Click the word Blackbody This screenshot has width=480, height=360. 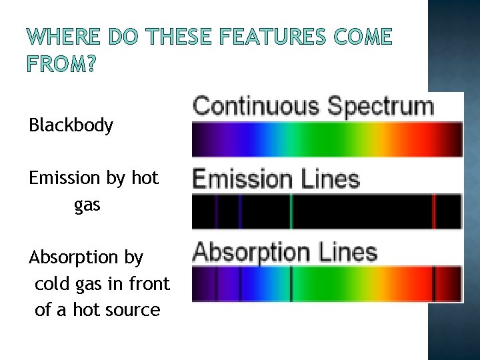tap(71, 125)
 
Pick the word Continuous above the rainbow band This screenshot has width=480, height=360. tap(256, 107)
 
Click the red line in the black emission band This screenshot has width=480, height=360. tap(433, 211)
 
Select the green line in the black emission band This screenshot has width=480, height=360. tap(291, 211)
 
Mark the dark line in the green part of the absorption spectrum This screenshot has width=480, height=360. tap(291, 283)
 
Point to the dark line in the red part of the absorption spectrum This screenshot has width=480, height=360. tap(433, 283)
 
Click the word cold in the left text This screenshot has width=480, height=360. tap(49, 284)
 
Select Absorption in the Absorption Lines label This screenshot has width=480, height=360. tap(251, 253)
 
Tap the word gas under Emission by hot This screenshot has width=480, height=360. tap(87, 205)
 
